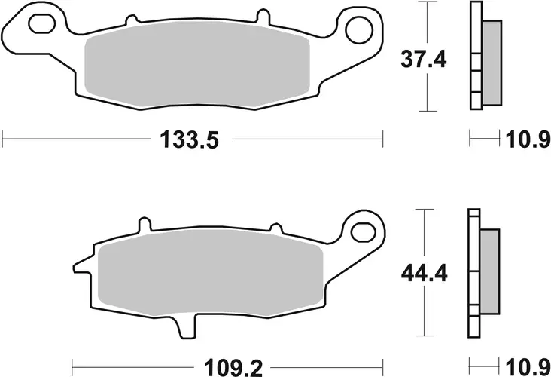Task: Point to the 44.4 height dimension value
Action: [423, 273]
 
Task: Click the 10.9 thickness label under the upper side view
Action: [527, 140]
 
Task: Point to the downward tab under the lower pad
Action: [186, 327]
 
